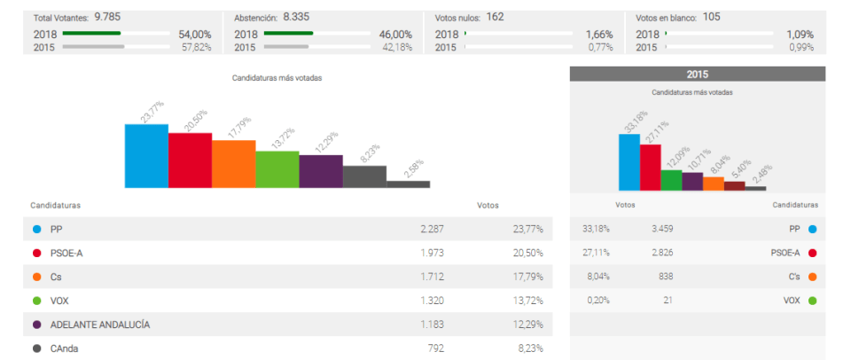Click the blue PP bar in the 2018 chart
pyautogui.click(x=146, y=156)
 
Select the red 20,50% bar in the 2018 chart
pyautogui.click(x=190, y=160)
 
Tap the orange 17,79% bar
pyautogui.click(x=233, y=164)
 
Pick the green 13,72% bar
pyautogui.click(x=277, y=169)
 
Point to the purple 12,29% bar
pyautogui.click(x=321, y=172)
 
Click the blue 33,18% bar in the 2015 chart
pyautogui.click(x=628, y=162)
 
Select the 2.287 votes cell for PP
pyautogui.click(x=432, y=229)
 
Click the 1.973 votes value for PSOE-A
pyautogui.click(x=432, y=253)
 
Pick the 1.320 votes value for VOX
pyautogui.click(x=432, y=301)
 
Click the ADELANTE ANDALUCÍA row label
pyautogui.click(x=100, y=325)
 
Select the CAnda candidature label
pyautogui.click(x=66, y=348)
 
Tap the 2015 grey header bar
pyautogui.click(x=697, y=74)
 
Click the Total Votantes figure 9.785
pyautogui.click(x=106, y=17)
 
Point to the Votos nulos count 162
pyautogui.click(x=495, y=17)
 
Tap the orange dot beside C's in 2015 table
pyautogui.click(x=812, y=277)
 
